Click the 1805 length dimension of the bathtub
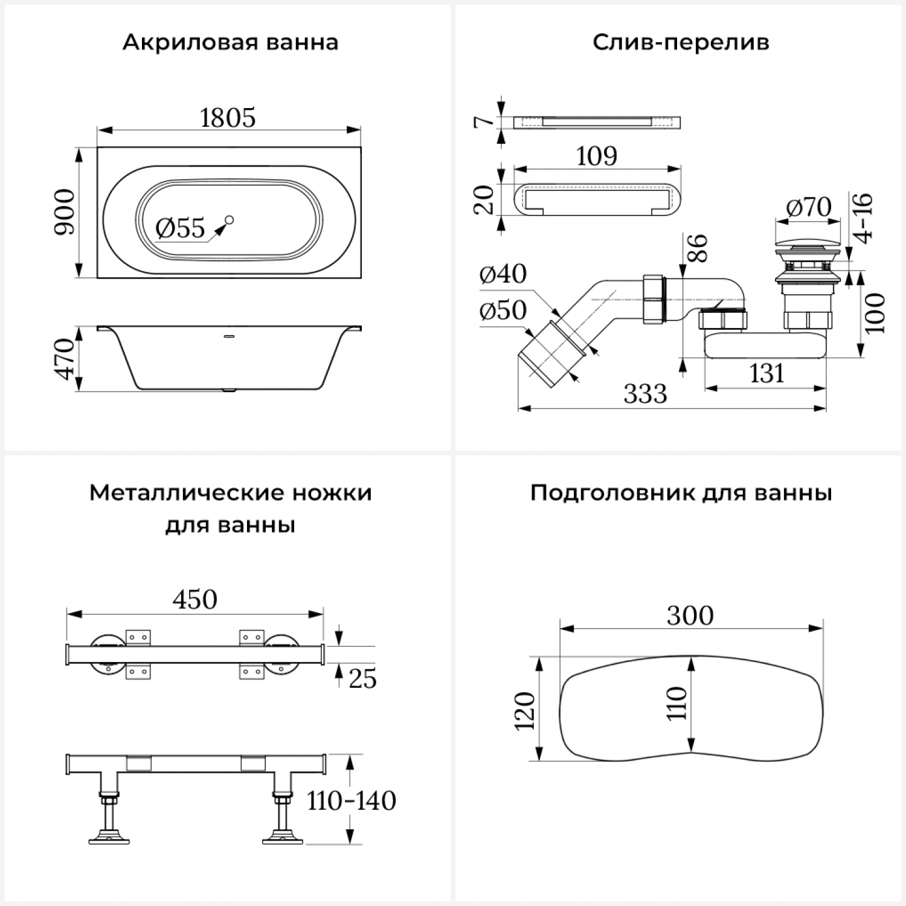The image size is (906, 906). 228,118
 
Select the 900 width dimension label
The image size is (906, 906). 65,212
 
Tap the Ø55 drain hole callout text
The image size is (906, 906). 180,228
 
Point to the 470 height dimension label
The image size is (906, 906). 65,359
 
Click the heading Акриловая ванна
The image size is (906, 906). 230,43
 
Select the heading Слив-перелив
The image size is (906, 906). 681,43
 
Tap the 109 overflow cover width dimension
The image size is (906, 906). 596,156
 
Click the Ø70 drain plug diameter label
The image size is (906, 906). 808,208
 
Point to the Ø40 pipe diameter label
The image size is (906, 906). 503,274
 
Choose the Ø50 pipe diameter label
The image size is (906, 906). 503,310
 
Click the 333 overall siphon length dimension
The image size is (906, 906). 645,394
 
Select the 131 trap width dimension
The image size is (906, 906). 766,374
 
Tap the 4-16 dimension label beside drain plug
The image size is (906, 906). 864,218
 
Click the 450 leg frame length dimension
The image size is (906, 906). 194,600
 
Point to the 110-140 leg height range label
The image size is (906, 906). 351,801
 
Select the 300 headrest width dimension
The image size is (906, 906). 690,615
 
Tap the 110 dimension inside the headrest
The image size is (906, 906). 677,703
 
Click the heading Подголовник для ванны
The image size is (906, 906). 681,493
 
